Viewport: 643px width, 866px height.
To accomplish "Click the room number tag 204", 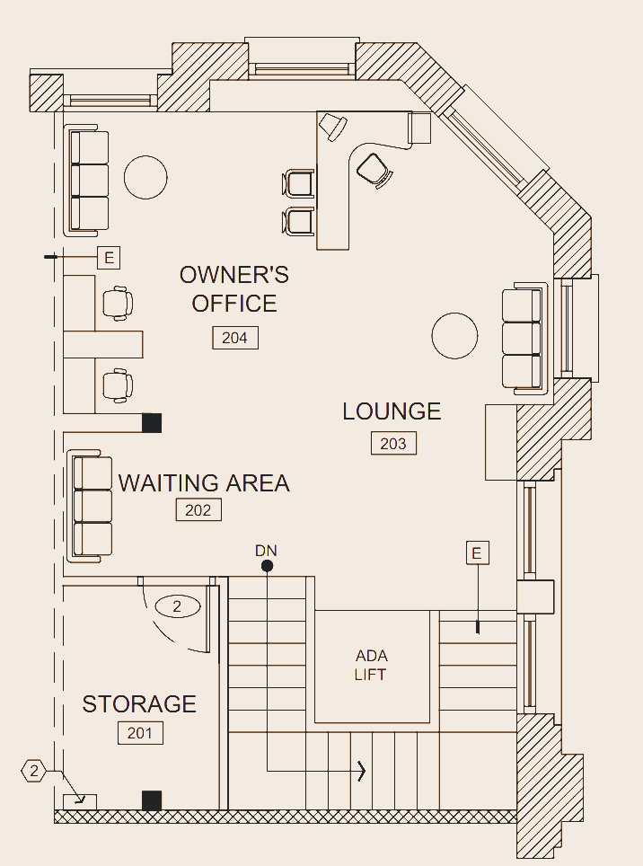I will [234, 338].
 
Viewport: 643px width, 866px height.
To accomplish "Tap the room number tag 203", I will [393, 443].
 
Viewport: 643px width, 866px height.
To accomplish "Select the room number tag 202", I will [198, 510].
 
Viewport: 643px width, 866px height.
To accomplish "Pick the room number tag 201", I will [140, 733].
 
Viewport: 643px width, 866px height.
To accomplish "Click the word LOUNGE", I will [392, 411].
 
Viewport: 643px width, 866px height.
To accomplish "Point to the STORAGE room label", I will [139, 704].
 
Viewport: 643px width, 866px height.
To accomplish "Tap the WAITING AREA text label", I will [204, 483].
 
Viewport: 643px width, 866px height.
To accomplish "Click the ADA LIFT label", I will [371, 665].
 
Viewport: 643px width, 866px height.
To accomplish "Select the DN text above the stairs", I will [267, 549].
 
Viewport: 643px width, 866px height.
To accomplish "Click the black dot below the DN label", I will [267, 565].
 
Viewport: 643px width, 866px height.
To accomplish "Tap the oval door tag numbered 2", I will [177, 607].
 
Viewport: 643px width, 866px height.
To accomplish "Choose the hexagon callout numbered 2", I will [33, 771].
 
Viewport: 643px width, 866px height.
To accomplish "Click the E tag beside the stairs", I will [478, 552].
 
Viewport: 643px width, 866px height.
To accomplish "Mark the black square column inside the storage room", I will [152, 800].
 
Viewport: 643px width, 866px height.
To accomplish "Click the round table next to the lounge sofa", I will [454, 336].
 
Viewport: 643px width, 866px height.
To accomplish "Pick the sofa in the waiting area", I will [91, 507].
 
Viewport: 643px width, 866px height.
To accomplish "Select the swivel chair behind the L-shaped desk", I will [373, 169].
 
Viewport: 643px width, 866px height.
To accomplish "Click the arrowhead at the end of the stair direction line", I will [362, 770].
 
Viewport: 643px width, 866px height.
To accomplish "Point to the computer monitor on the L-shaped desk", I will [333, 127].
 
